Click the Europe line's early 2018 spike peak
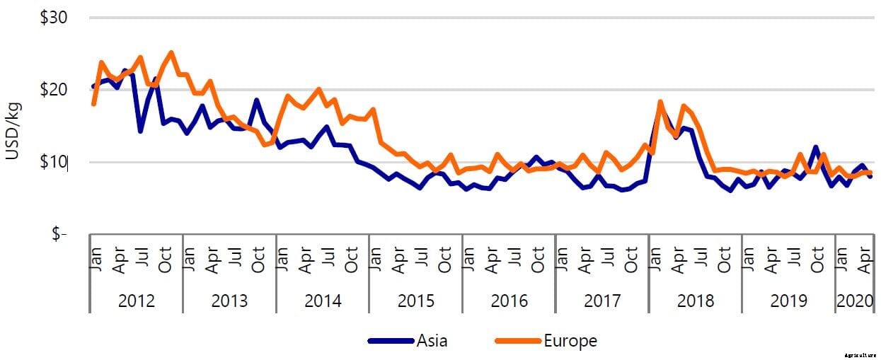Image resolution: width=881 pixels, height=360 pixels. pos(660,103)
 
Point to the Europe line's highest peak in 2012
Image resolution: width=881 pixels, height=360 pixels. pos(171,52)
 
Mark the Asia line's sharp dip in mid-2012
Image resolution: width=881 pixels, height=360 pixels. pos(141,131)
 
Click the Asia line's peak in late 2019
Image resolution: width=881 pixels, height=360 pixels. pos(816,147)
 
